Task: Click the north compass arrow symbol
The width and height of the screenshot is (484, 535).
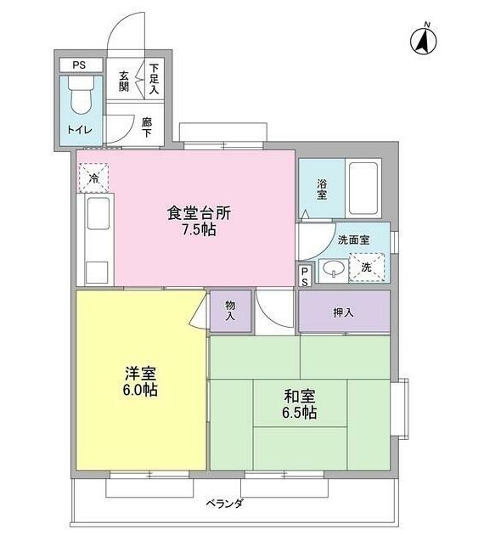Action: pos(424,40)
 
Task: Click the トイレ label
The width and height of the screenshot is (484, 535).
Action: pos(80,130)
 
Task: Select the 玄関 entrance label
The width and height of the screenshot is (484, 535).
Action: pos(124,82)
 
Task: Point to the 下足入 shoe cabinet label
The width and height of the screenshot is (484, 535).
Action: pos(154,79)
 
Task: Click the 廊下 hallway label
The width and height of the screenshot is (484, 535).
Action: pos(147,127)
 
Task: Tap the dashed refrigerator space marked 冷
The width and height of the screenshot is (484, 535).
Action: pos(93,178)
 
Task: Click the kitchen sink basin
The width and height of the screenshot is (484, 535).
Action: pos(98,213)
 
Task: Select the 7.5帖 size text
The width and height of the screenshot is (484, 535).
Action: pos(199,229)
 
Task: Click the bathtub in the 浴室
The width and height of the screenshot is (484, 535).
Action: pos(363,188)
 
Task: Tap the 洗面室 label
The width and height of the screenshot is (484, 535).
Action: pos(354,239)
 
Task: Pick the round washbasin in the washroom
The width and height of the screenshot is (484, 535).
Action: pos(333,268)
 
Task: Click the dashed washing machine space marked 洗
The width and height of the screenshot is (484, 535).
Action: pos(367,267)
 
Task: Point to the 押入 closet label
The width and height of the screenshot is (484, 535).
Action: pos(343,313)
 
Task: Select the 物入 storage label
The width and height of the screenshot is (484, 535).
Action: pos(230,311)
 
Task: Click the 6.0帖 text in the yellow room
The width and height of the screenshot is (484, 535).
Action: pos(140,390)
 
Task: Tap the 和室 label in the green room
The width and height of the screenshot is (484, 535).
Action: pos(299,397)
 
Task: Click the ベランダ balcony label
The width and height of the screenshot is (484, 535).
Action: pos(224,504)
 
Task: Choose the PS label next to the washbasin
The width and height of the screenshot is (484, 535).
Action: pos(305,277)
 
